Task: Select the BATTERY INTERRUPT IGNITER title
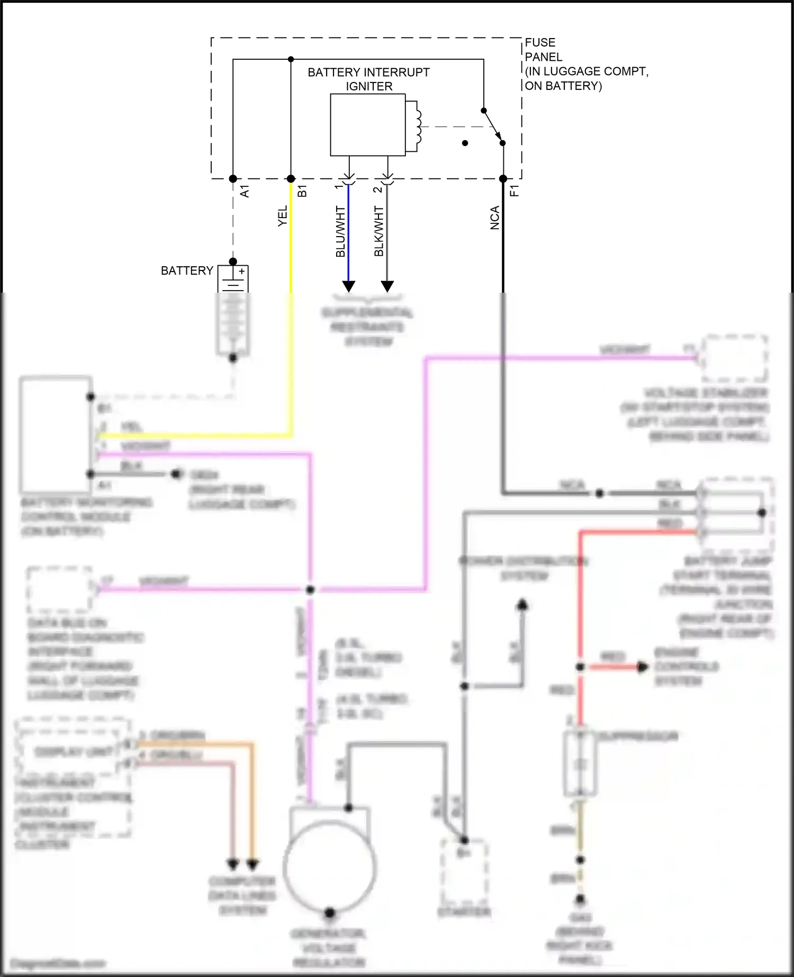coord(368,79)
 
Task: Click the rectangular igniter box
coord(367,125)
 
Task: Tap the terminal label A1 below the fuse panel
coord(245,192)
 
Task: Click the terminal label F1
coord(515,191)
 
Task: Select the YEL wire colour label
coord(283,216)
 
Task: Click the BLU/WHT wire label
coord(340,231)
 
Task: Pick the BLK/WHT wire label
coord(379,231)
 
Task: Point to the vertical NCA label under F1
coord(494,218)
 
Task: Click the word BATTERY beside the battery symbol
coord(187,271)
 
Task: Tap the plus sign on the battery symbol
coord(241,272)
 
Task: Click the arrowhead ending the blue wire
coord(348,286)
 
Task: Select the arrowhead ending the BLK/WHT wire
coord(387,286)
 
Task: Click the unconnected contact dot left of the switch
coord(465,143)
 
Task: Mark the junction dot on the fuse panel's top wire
coord(291,59)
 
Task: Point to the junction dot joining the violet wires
coord(311,590)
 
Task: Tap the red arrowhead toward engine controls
coord(642,667)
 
